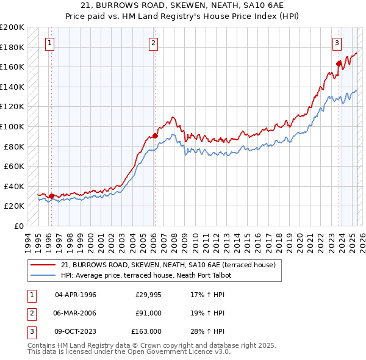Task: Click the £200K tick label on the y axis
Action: point(12,27)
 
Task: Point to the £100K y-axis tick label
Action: point(12,126)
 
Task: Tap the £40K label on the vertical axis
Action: point(14,186)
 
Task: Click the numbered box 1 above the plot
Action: point(49,43)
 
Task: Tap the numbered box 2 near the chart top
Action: point(152,43)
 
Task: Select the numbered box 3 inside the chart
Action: point(337,43)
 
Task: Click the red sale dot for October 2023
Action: point(339,63)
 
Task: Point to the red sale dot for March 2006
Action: point(155,135)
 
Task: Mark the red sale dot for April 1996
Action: point(51,196)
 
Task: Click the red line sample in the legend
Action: point(43,265)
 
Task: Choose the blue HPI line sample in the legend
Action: point(43,275)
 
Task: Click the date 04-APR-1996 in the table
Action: point(76,295)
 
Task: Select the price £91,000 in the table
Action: point(148,313)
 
